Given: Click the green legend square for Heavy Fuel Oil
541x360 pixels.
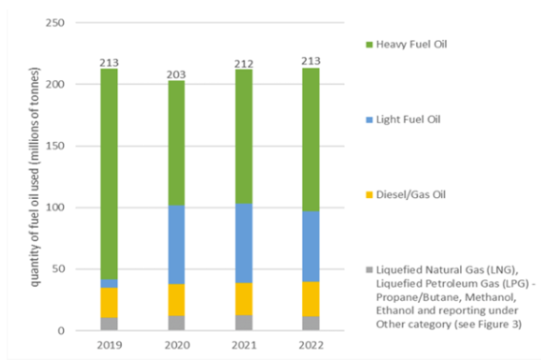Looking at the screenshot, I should pyautogui.click(x=364, y=46).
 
